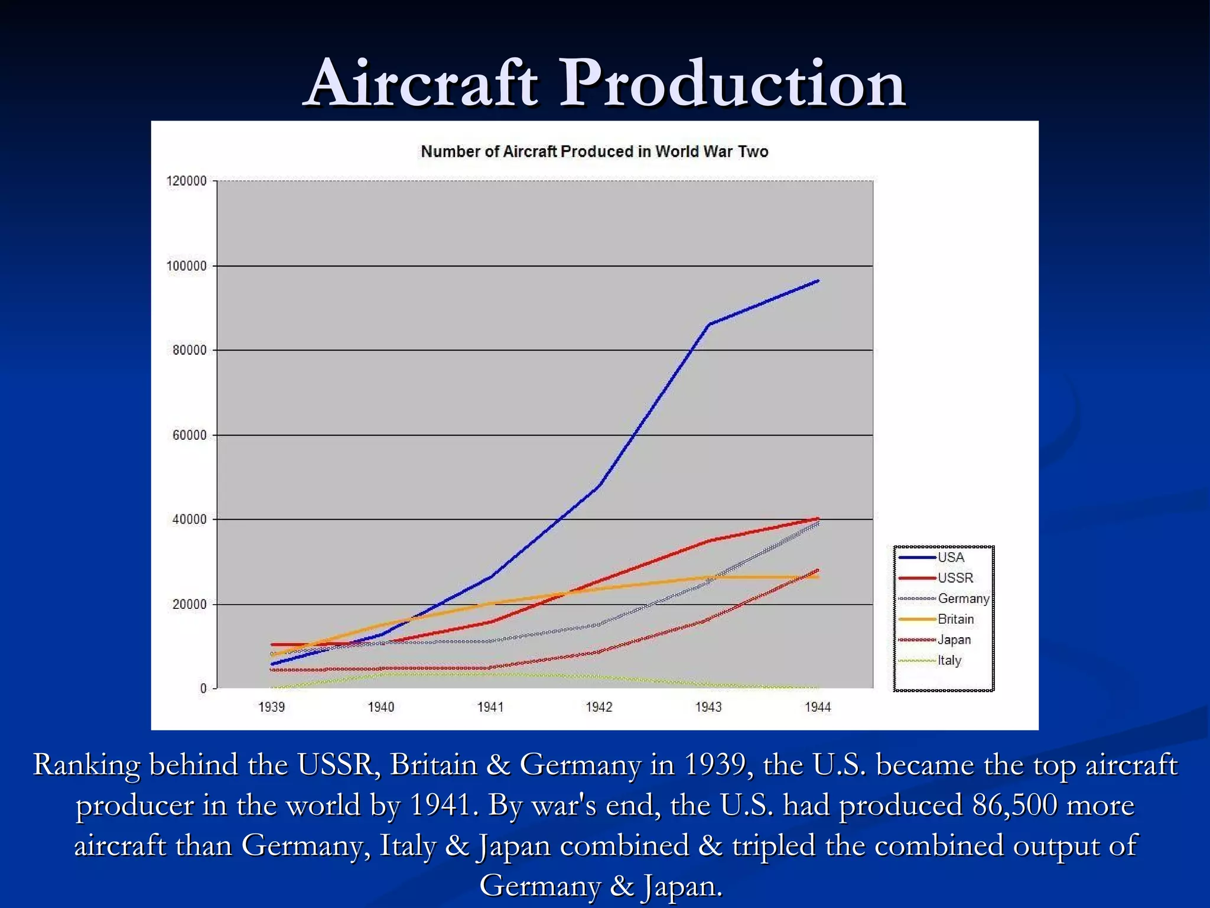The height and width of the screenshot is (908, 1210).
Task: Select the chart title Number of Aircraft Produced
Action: (x=594, y=151)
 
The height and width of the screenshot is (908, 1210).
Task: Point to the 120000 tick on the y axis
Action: (x=187, y=181)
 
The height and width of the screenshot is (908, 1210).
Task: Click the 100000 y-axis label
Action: (x=187, y=266)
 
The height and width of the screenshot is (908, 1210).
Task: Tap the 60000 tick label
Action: (x=189, y=435)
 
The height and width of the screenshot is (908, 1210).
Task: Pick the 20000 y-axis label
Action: (x=189, y=604)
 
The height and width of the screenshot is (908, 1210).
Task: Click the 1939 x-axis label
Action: (x=271, y=707)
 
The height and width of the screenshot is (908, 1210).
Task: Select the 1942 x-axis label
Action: (x=599, y=707)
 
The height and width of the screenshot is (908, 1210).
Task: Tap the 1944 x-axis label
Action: (x=818, y=707)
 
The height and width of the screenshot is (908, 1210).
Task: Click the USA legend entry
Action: (x=950, y=557)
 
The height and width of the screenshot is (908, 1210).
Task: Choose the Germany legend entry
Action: (x=963, y=598)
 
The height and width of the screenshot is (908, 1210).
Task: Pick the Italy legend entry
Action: (x=949, y=660)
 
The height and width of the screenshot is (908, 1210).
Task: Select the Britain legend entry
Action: (x=955, y=619)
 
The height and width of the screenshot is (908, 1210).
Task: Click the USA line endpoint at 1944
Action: (x=818, y=281)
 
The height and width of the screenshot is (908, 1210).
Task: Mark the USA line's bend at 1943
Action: (x=708, y=324)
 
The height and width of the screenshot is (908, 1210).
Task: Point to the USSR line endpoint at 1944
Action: (x=818, y=518)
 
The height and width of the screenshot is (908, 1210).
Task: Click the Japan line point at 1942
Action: (x=599, y=652)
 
